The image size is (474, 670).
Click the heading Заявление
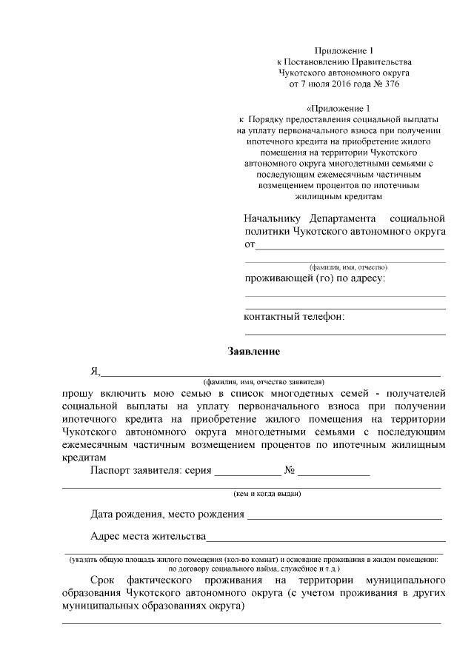coord(253,351)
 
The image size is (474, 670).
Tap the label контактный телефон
coord(294,317)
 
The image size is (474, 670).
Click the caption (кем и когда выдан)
coord(267,493)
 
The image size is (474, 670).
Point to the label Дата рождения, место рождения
coord(167,514)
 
